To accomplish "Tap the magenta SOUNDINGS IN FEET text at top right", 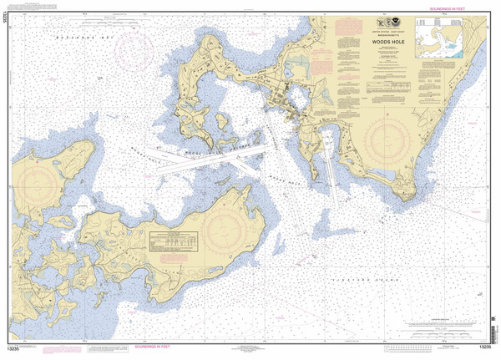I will click(x=451, y=8).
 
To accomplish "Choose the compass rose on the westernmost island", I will click(x=42, y=180).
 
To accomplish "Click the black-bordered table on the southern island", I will click(x=174, y=241).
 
